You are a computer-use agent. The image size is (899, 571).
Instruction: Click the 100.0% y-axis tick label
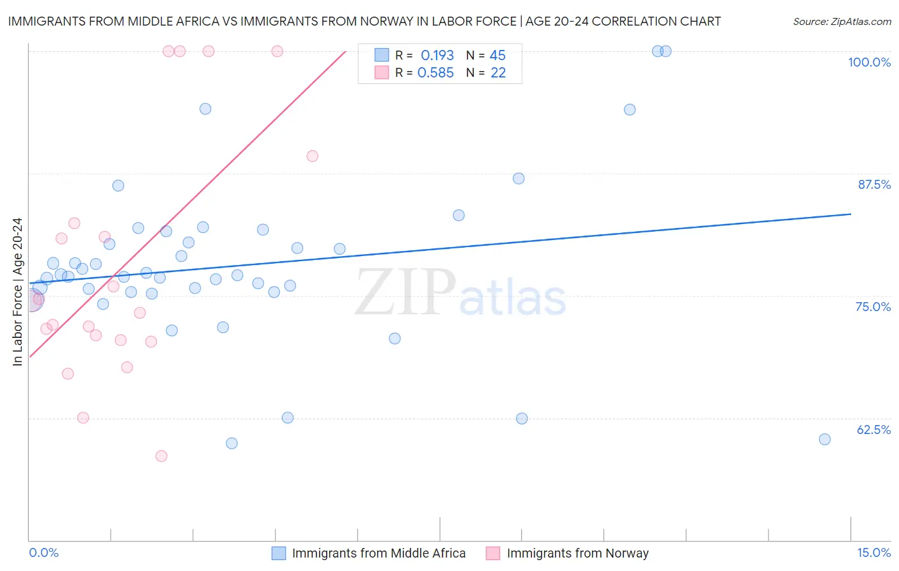click(x=869, y=62)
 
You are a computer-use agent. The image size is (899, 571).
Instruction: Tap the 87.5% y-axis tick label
click(x=873, y=184)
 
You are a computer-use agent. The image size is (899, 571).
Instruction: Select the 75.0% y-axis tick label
click(x=873, y=307)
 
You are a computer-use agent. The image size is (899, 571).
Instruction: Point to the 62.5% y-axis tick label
click(x=873, y=430)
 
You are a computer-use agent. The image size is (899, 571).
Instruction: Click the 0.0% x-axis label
click(x=43, y=552)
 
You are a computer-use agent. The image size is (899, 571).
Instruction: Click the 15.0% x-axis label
click(x=873, y=552)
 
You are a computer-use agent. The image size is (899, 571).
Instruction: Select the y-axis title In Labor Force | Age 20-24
click(x=17, y=292)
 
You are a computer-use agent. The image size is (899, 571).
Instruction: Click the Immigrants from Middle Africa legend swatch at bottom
click(x=279, y=553)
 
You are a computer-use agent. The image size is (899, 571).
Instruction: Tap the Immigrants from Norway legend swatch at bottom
click(x=492, y=553)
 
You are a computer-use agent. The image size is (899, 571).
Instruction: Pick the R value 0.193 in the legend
click(x=437, y=56)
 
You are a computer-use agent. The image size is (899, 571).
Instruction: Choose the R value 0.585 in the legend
click(x=435, y=73)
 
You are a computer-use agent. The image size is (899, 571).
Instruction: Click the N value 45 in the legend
click(x=497, y=56)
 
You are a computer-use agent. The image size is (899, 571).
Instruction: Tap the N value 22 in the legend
click(x=498, y=73)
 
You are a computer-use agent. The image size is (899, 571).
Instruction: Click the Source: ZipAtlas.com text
click(x=841, y=22)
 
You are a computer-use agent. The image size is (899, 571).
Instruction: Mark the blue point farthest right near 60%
click(x=825, y=439)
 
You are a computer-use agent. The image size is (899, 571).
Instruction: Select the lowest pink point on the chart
click(x=161, y=456)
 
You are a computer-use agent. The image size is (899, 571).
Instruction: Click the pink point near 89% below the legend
click(x=312, y=156)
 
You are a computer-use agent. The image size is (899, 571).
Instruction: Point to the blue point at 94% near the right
click(x=630, y=109)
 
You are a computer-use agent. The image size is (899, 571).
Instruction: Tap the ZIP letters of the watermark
click(x=405, y=293)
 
